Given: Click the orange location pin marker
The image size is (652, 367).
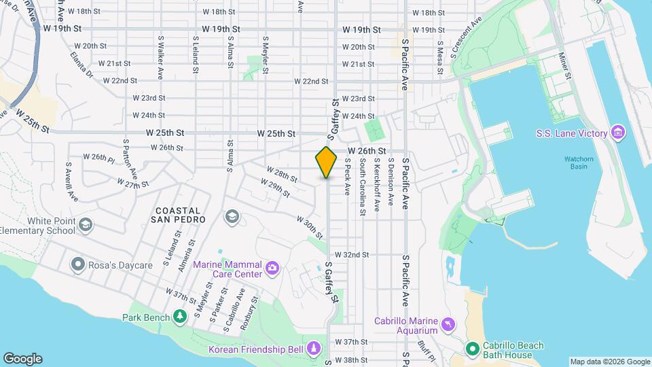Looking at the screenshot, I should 326,162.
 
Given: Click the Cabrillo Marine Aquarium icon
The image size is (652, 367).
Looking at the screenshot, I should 448,325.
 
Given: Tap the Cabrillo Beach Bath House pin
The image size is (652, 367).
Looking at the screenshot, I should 473,349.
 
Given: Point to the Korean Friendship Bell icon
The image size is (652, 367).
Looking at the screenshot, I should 313,349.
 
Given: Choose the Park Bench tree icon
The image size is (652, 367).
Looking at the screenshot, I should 180,317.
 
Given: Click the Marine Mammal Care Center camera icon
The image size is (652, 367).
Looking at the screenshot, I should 272,268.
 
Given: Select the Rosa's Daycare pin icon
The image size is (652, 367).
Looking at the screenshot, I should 77,264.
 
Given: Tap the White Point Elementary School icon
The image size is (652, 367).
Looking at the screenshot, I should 85,225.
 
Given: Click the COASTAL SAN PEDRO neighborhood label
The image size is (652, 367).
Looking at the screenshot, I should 180,215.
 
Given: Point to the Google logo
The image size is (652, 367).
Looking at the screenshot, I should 22,359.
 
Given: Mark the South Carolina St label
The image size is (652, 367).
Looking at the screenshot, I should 363,187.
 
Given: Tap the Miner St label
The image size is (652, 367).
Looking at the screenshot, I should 562,65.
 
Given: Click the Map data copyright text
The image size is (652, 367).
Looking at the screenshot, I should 609,362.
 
